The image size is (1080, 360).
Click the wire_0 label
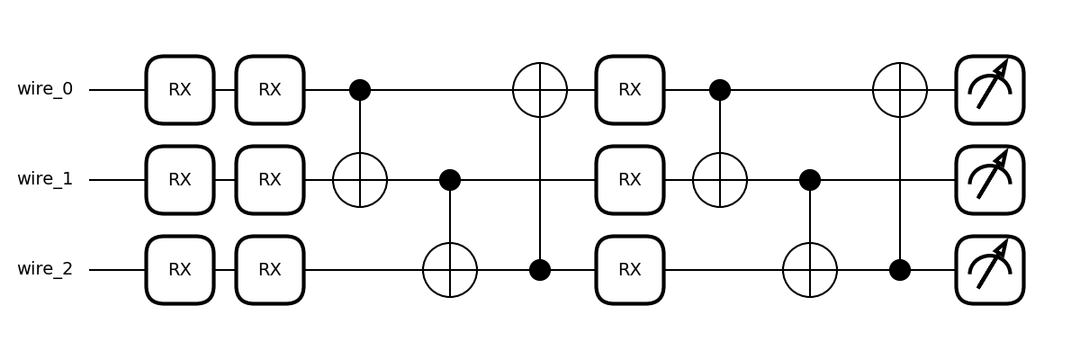[x=45, y=90]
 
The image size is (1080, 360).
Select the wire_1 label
[x=45, y=180]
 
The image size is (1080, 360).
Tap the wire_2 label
[x=45, y=270]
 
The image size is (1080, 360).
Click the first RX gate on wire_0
[x=180, y=90]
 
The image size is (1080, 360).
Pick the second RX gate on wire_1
[x=270, y=180]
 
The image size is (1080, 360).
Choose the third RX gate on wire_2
[x=630, y=270]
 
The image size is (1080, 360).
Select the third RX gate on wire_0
[x=630, y=90]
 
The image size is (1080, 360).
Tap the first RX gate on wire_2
[x=180, y=270]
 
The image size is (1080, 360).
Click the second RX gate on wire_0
[x=270, y=90]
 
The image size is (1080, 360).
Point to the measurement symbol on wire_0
[x=990, y=90]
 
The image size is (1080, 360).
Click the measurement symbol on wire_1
[x=990, y=180]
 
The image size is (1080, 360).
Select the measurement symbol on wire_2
[x=990, y=270]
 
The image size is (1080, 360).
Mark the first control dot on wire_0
[x=360, y=90]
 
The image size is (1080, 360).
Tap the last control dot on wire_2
[x=900, y=270]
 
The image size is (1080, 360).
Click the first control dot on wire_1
[x=450, y=180]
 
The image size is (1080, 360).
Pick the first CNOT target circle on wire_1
[x=360, y=180]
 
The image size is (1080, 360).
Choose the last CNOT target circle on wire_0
[x=900, y=90]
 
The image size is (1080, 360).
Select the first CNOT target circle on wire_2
[x=450, y=270]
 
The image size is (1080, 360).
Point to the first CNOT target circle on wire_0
[x=540, y=90]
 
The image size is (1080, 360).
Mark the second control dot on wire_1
[x=810, y=180]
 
